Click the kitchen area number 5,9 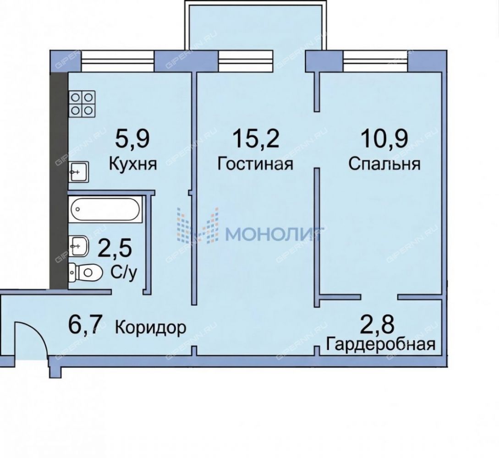(132, 139)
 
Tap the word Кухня (133, 164)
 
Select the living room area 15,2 (256, 139)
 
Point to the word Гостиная (255, 164)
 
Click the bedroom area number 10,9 (384, 139)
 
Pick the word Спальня (384, 164)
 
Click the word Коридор (150, 327)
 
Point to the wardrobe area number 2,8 (378, 324)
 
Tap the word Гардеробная (381, 344)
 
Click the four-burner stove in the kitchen (82, 104)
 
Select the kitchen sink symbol (79, 172)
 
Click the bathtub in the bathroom (105, 209)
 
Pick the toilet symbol (85, 273)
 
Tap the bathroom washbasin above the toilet (78, 245)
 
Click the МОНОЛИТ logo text (274, 234)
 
